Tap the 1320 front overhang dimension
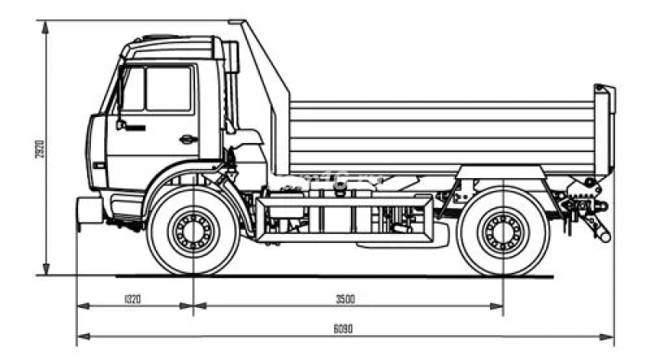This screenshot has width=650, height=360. click(134, 298)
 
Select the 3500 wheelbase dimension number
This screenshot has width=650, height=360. click(346, 298)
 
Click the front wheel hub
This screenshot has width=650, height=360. click(193, 232)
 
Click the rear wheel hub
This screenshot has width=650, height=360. click(502, 232)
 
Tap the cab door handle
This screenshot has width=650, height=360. click(188, 138)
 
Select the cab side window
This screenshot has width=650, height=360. click(167, 89)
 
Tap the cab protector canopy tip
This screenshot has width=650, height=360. click(238, 23)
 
